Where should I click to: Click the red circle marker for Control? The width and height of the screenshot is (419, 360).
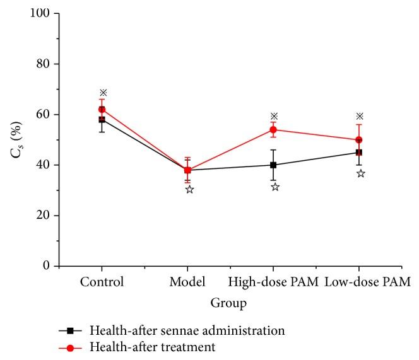(102, 109)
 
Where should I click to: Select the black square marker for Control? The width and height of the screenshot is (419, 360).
(102, 119)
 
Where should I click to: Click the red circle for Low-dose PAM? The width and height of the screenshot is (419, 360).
(359, 140)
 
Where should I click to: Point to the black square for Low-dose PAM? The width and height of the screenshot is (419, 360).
(359, 152)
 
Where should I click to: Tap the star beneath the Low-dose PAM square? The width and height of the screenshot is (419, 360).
(361, 173)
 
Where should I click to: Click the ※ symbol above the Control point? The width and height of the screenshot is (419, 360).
(103, 93)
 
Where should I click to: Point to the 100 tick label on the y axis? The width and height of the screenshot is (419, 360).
(51, 13)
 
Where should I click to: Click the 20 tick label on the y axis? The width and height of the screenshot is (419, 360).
(54, 216)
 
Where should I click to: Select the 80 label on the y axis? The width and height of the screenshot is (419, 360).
(54, 64)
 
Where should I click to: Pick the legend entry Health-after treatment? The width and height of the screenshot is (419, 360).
(153, 345)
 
